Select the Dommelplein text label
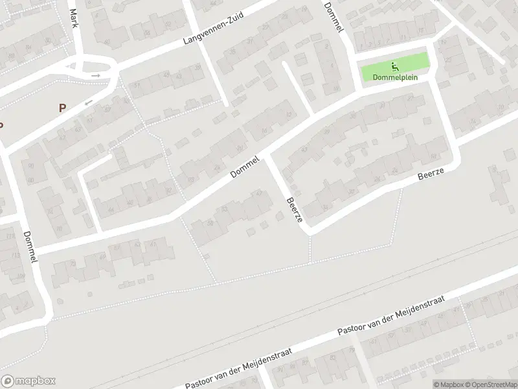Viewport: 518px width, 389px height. [x=395, y=77]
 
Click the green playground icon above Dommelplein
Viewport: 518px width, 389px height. [x=394, y=65]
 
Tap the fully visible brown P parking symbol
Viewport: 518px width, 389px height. [x=62, y=108]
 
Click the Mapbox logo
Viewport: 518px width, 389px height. [x=28, y=381]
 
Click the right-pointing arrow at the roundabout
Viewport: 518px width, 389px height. [x=96, y=76]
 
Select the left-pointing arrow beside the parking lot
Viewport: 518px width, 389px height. [x=89, y=102]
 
